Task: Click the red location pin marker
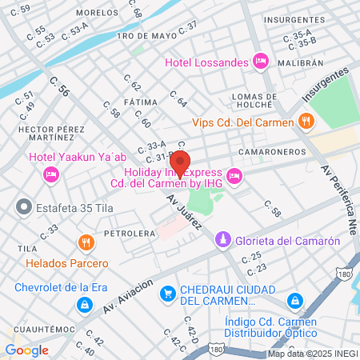tap(180, 163)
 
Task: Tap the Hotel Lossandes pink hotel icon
tap(259, 61)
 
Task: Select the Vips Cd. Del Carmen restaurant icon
tap(304, 122)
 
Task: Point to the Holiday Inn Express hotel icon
tap(234, 175)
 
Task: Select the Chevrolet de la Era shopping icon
tap(84, 305)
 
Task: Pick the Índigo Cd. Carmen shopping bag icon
tap(295, 301)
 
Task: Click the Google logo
tap(26, 350)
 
